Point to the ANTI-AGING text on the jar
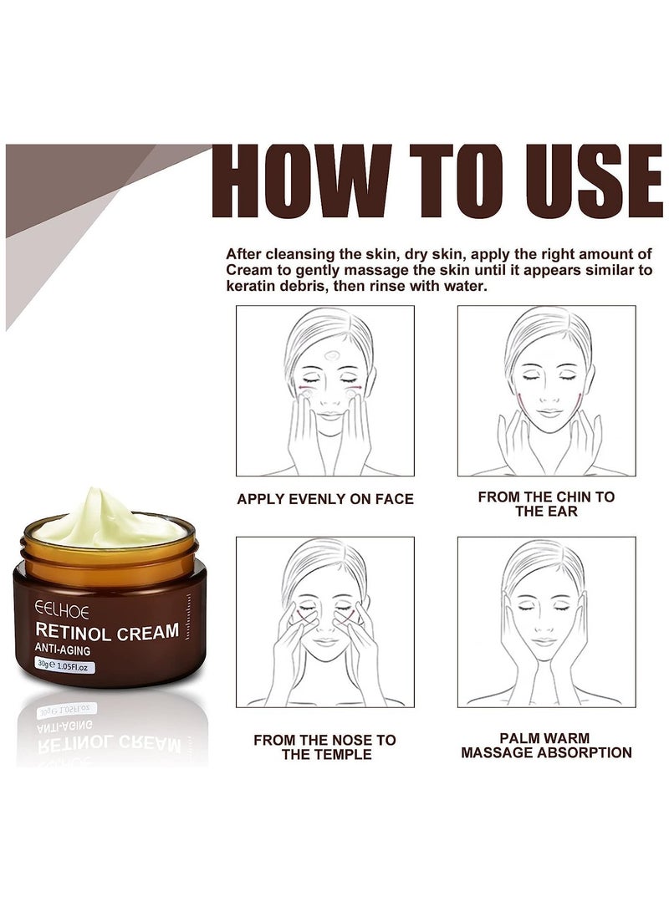click(64, 650)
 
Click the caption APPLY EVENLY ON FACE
click(324, 499)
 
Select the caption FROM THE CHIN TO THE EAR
click(546, 503)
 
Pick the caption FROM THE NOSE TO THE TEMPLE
click(324, 746)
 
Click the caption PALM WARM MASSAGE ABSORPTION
click(546, 746)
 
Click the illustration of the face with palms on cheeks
click(546, 623)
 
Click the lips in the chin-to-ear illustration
click(548, 413)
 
